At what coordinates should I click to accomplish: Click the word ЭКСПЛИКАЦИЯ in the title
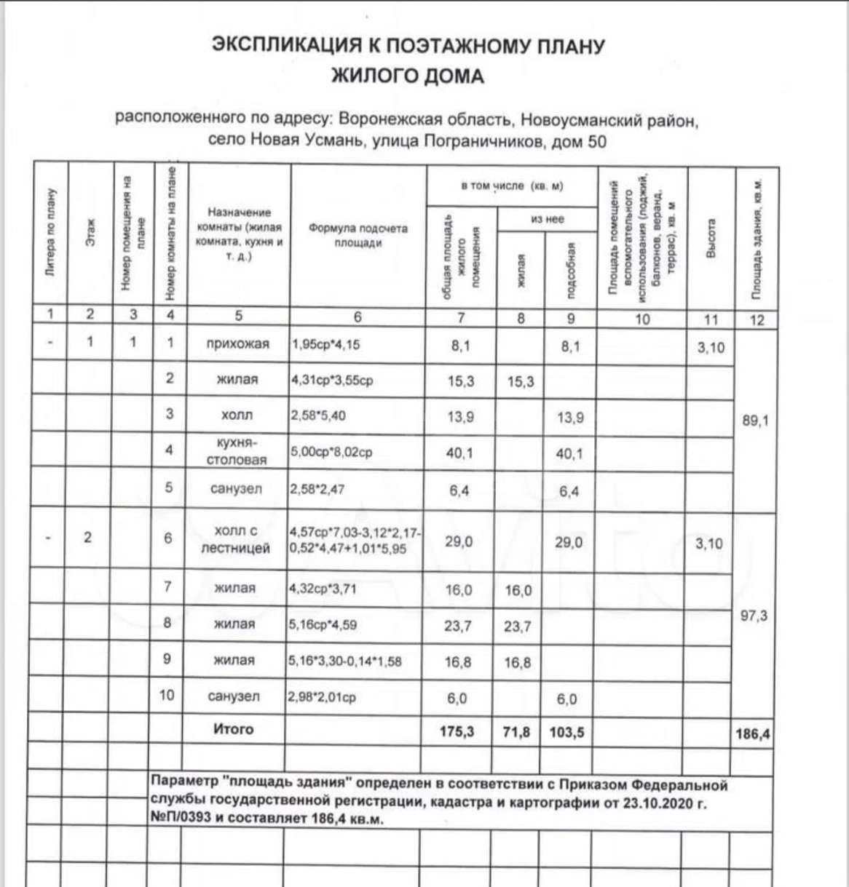click(285, 45)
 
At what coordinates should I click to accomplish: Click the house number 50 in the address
click(596, 141)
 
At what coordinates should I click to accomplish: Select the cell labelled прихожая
click(238, 344)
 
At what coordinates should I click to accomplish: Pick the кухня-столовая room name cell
click(237, 451)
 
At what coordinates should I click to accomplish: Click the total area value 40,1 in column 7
click(459, 453)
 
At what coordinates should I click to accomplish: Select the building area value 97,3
click(754, 616)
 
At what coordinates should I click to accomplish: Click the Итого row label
click(233, 729)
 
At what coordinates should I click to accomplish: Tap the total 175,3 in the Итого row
click(457, 731)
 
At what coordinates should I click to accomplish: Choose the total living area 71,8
click(516, 732)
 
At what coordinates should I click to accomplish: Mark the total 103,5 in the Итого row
click(566, 732)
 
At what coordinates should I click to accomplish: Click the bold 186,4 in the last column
click(753, 733)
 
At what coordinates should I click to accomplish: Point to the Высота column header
click(711, 237)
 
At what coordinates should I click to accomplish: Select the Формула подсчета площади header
click(358, 235)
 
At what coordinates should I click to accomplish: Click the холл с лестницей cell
click(236, 539)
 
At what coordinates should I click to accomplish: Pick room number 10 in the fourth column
click(167, 695)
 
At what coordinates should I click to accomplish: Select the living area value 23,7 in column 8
click(517, 627)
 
